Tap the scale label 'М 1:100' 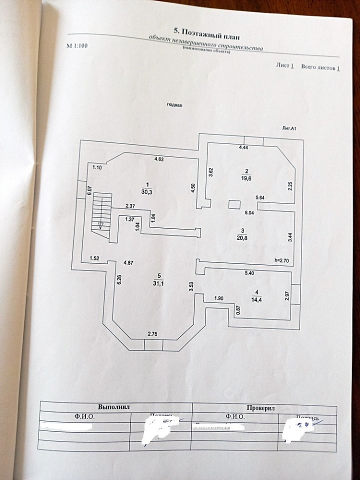(77, 45)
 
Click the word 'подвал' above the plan (175, 105)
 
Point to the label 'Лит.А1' (290, 128)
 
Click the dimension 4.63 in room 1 (160, 159)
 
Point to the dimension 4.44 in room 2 (244, 148)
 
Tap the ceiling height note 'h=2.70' (283, 260)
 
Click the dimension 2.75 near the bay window (153, 333)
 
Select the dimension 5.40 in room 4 (250, 273)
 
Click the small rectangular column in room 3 (234, 204)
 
